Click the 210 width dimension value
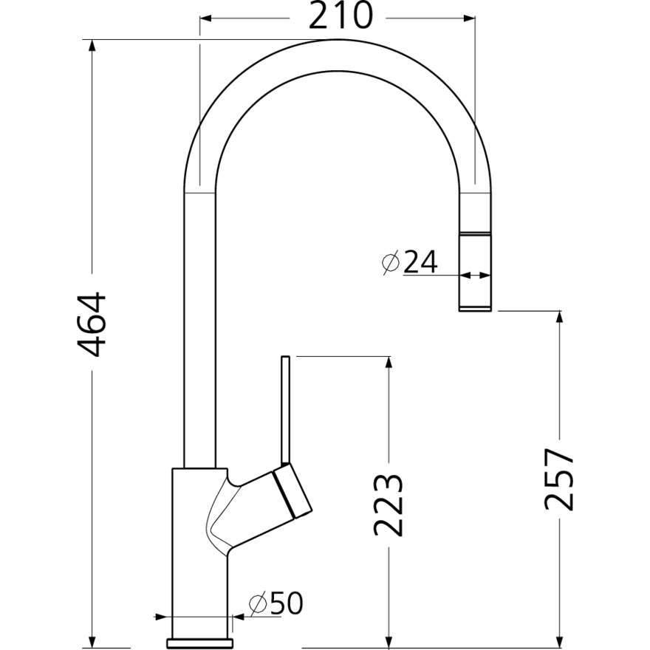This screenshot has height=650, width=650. (341, 16)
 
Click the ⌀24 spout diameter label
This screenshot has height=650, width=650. (411, 261)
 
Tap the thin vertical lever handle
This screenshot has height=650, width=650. (287, 410)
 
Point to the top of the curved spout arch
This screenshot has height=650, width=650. (336, 55)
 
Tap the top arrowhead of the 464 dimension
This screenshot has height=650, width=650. (92, 46)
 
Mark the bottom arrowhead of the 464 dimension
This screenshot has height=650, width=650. (92, 640)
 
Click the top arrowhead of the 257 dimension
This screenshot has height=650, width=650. (560, 318)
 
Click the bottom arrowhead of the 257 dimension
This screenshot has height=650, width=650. (560, 640)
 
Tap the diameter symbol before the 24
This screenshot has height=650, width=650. (391, 262)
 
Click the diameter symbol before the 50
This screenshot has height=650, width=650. (257, 605)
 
